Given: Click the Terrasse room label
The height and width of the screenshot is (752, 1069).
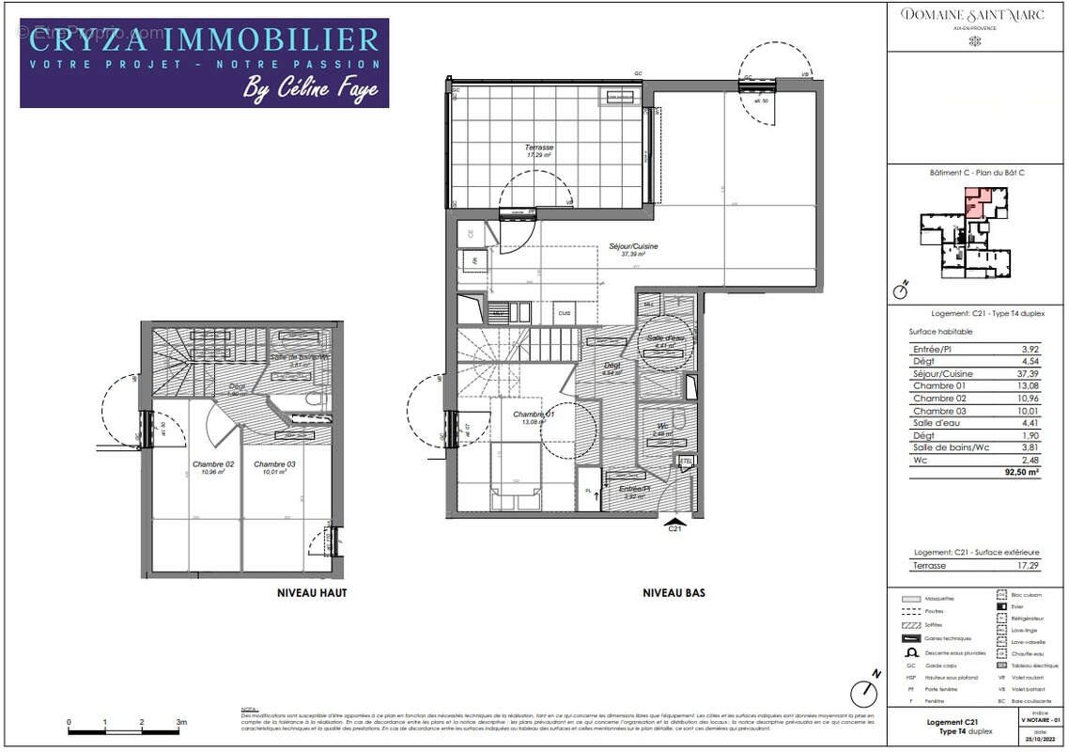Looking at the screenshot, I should coord(539,148).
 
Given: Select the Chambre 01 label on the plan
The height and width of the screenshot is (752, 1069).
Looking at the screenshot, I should coord(533,415).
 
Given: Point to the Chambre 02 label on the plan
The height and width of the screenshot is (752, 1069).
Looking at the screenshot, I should coord(213,464).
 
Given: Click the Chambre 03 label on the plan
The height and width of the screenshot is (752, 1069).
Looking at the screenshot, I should coord(274,464).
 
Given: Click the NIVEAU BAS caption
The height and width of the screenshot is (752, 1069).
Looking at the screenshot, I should coord(674,593).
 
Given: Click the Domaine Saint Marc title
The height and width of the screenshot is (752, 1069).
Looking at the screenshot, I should coord(975,14).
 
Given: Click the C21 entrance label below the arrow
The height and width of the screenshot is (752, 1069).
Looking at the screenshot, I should coord(674,529).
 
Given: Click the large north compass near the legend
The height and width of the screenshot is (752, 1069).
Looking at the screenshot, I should coord(863,694).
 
